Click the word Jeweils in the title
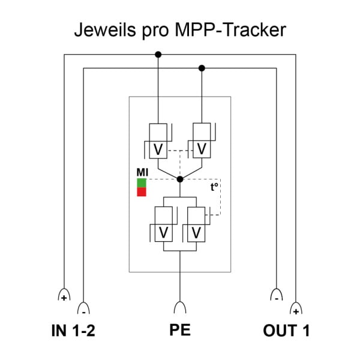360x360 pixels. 105,29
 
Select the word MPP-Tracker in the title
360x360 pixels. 230,29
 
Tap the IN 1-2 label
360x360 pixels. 73,331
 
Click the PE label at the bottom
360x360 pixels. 180,330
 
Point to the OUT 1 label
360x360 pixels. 286,331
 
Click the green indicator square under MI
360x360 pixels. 142,183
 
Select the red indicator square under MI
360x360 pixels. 142,192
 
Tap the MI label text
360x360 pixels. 142,172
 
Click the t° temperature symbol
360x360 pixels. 214,187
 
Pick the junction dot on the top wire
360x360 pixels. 158,55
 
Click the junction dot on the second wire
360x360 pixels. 202,68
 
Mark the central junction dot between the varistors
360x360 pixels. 180,179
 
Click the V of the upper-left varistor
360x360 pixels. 158,149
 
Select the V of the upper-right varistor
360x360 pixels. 202,149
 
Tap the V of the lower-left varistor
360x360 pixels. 163,233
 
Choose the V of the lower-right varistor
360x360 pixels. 196,233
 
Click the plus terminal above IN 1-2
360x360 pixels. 64,295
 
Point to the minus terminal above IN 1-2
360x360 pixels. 83,308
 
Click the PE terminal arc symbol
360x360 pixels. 180,307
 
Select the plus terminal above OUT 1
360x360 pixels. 296,308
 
